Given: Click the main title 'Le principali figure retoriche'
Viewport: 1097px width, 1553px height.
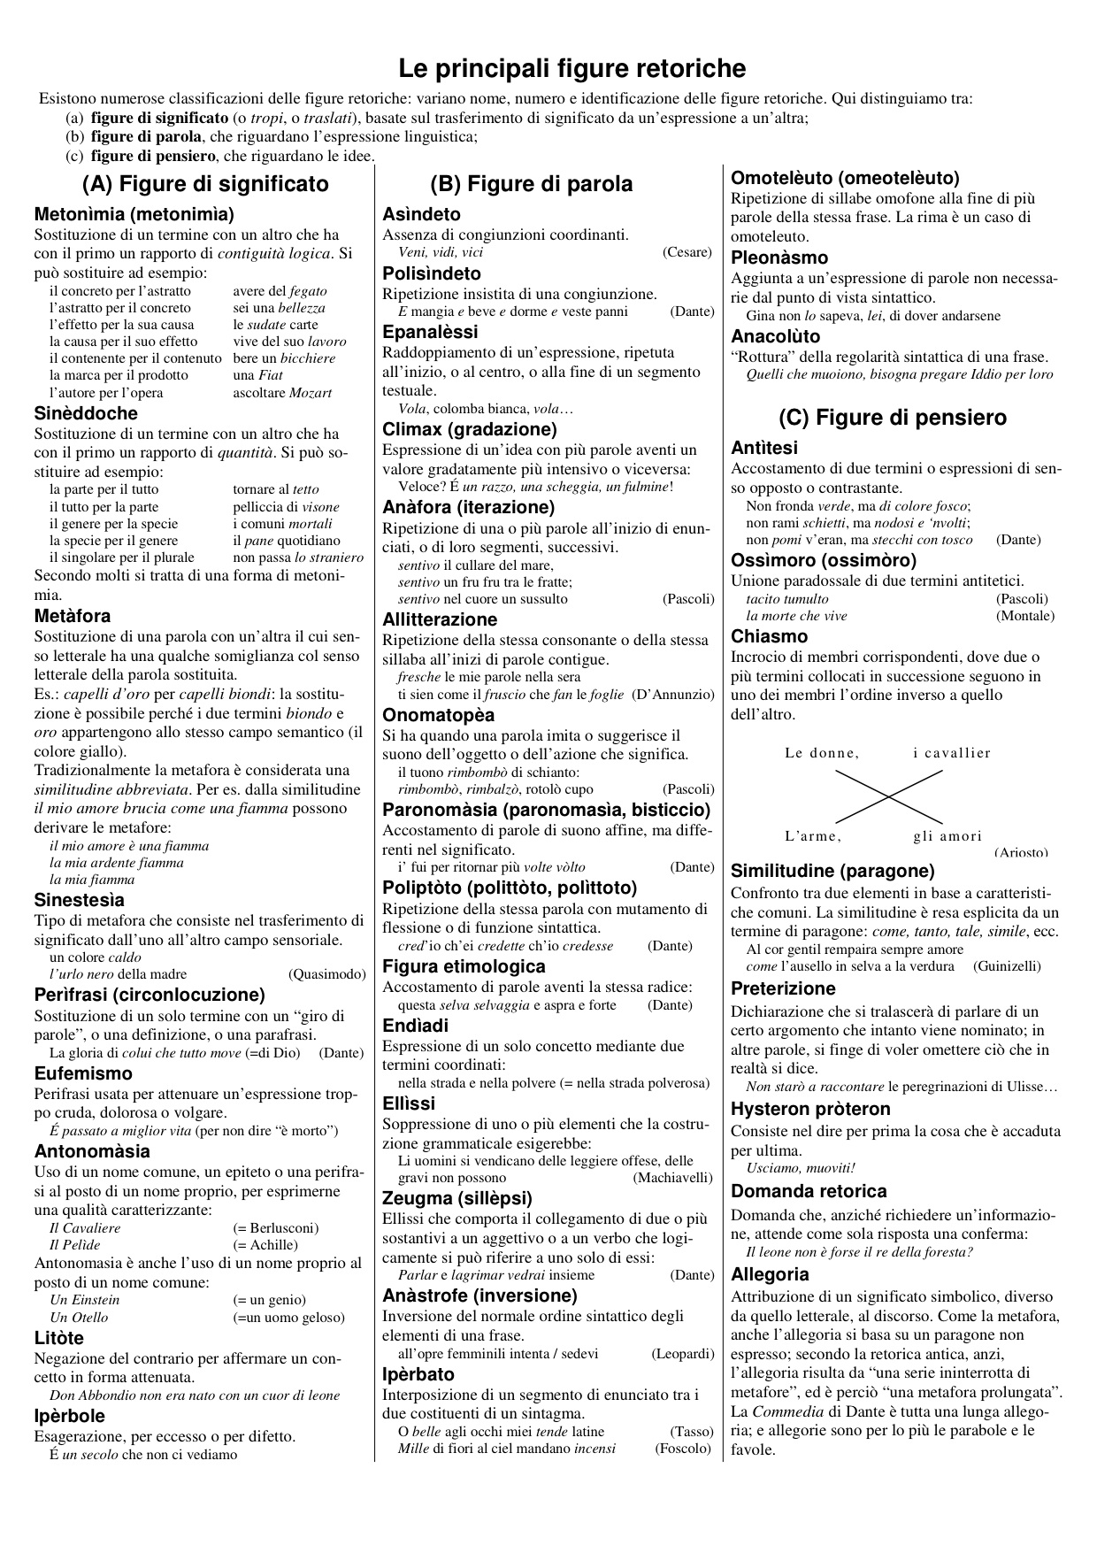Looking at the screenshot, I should (x=572, y=68).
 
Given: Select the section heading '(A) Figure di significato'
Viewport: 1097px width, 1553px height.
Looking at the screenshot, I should (x=205, y=184).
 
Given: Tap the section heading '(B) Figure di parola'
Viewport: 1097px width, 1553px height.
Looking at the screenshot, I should (x=531, y=184).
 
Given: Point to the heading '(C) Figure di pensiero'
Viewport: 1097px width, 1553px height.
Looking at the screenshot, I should (x=893, y=418).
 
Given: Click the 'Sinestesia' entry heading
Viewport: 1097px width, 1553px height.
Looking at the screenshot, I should (x=80, y=900).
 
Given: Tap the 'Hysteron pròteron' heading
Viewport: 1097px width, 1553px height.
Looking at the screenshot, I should (x=810, y=1109).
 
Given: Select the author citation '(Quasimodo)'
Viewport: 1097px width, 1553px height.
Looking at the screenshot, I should (x=326, y=974).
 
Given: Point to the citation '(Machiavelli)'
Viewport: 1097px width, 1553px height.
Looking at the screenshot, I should (x=672, y=1178).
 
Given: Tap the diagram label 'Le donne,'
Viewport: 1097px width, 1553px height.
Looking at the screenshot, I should (x=822, y=753).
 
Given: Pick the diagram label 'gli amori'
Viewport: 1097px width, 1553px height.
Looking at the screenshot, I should (x=947, y=836).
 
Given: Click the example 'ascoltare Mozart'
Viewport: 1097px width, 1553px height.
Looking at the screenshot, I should (x=282, y=393).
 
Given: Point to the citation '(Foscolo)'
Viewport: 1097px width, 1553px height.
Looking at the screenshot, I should (x=683, y=1449).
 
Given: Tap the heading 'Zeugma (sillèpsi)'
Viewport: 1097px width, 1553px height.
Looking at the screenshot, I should (x=457, y=1199).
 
